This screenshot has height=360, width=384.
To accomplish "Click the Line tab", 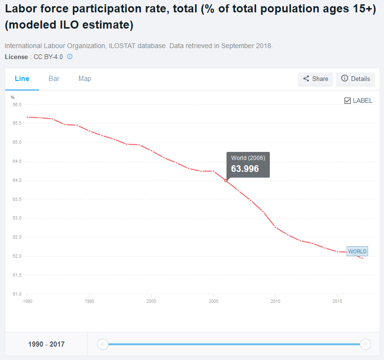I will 22,79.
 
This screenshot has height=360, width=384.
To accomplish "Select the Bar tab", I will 54,79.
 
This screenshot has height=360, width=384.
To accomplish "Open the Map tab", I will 85,79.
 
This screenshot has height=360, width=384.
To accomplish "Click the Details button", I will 355,79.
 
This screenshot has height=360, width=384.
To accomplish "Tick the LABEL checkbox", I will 347,100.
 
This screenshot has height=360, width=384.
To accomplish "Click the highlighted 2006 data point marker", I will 226,180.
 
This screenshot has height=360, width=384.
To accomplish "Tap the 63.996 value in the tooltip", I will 245,169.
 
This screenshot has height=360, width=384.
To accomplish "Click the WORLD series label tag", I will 357,251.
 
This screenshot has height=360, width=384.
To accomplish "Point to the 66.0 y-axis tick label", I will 17,105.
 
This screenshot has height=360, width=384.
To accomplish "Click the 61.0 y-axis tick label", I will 17,294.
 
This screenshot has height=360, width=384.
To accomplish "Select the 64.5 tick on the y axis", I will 17,161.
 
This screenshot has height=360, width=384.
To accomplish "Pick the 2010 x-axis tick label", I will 275,301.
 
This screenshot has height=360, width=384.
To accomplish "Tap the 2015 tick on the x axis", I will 337,301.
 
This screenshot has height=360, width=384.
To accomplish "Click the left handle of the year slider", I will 103,344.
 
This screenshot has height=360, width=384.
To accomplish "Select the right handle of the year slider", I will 365,344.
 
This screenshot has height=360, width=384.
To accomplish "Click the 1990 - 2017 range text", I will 46,344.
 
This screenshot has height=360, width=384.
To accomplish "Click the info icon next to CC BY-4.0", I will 69,57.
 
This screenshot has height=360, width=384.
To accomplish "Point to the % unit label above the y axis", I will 13,98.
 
